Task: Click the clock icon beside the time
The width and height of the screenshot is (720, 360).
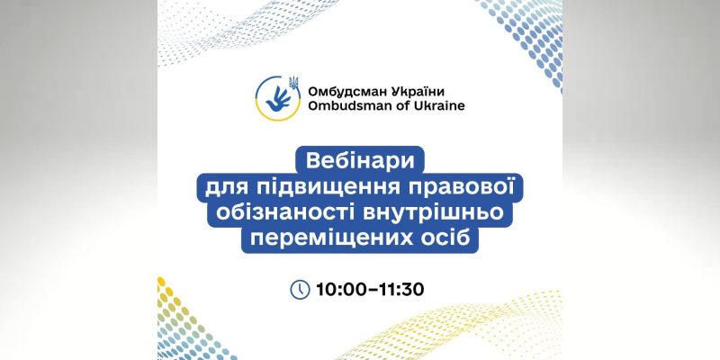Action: pos(300,290)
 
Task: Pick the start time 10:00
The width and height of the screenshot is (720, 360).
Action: pos(340,290)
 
